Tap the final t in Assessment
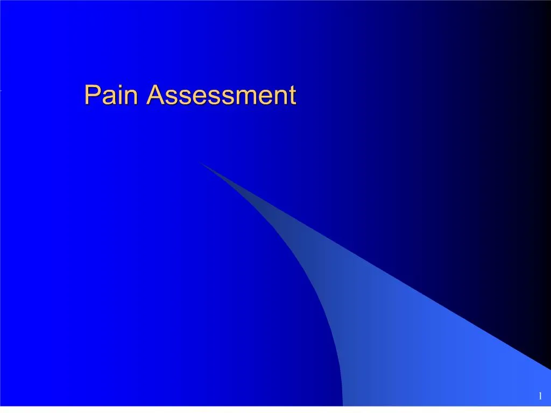(x=291, y=96)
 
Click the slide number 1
(x=539, y=396)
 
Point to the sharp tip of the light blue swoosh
(x=200, y=162)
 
